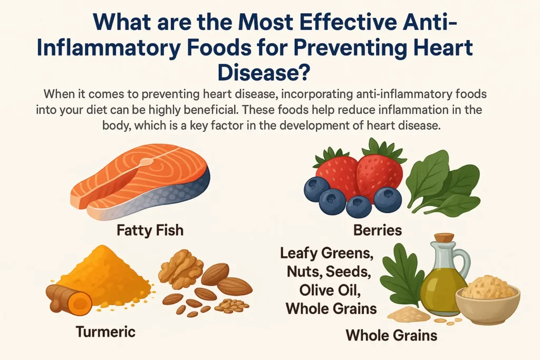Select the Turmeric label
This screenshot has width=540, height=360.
pyautogui.click(x=105, y=332)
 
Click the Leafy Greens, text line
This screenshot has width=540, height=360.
pyautogui.click(x=326, y=254)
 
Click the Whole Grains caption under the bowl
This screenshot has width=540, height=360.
pyautogui.click(x=392, y=334)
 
